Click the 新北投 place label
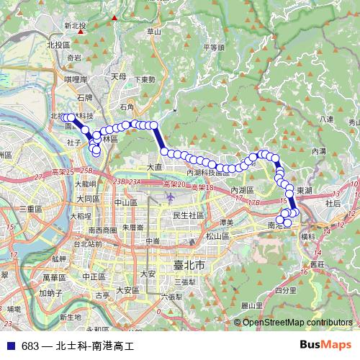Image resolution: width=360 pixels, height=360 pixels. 74,26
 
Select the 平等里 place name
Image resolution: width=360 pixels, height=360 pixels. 214,48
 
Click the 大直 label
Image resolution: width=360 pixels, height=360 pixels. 155,167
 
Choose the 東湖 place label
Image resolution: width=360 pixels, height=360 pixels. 304,189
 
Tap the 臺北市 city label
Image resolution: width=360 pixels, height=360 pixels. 189,266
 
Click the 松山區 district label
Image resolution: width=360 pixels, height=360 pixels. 217,235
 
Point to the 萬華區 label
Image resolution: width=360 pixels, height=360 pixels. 54,276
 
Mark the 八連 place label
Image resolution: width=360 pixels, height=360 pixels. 327,119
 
